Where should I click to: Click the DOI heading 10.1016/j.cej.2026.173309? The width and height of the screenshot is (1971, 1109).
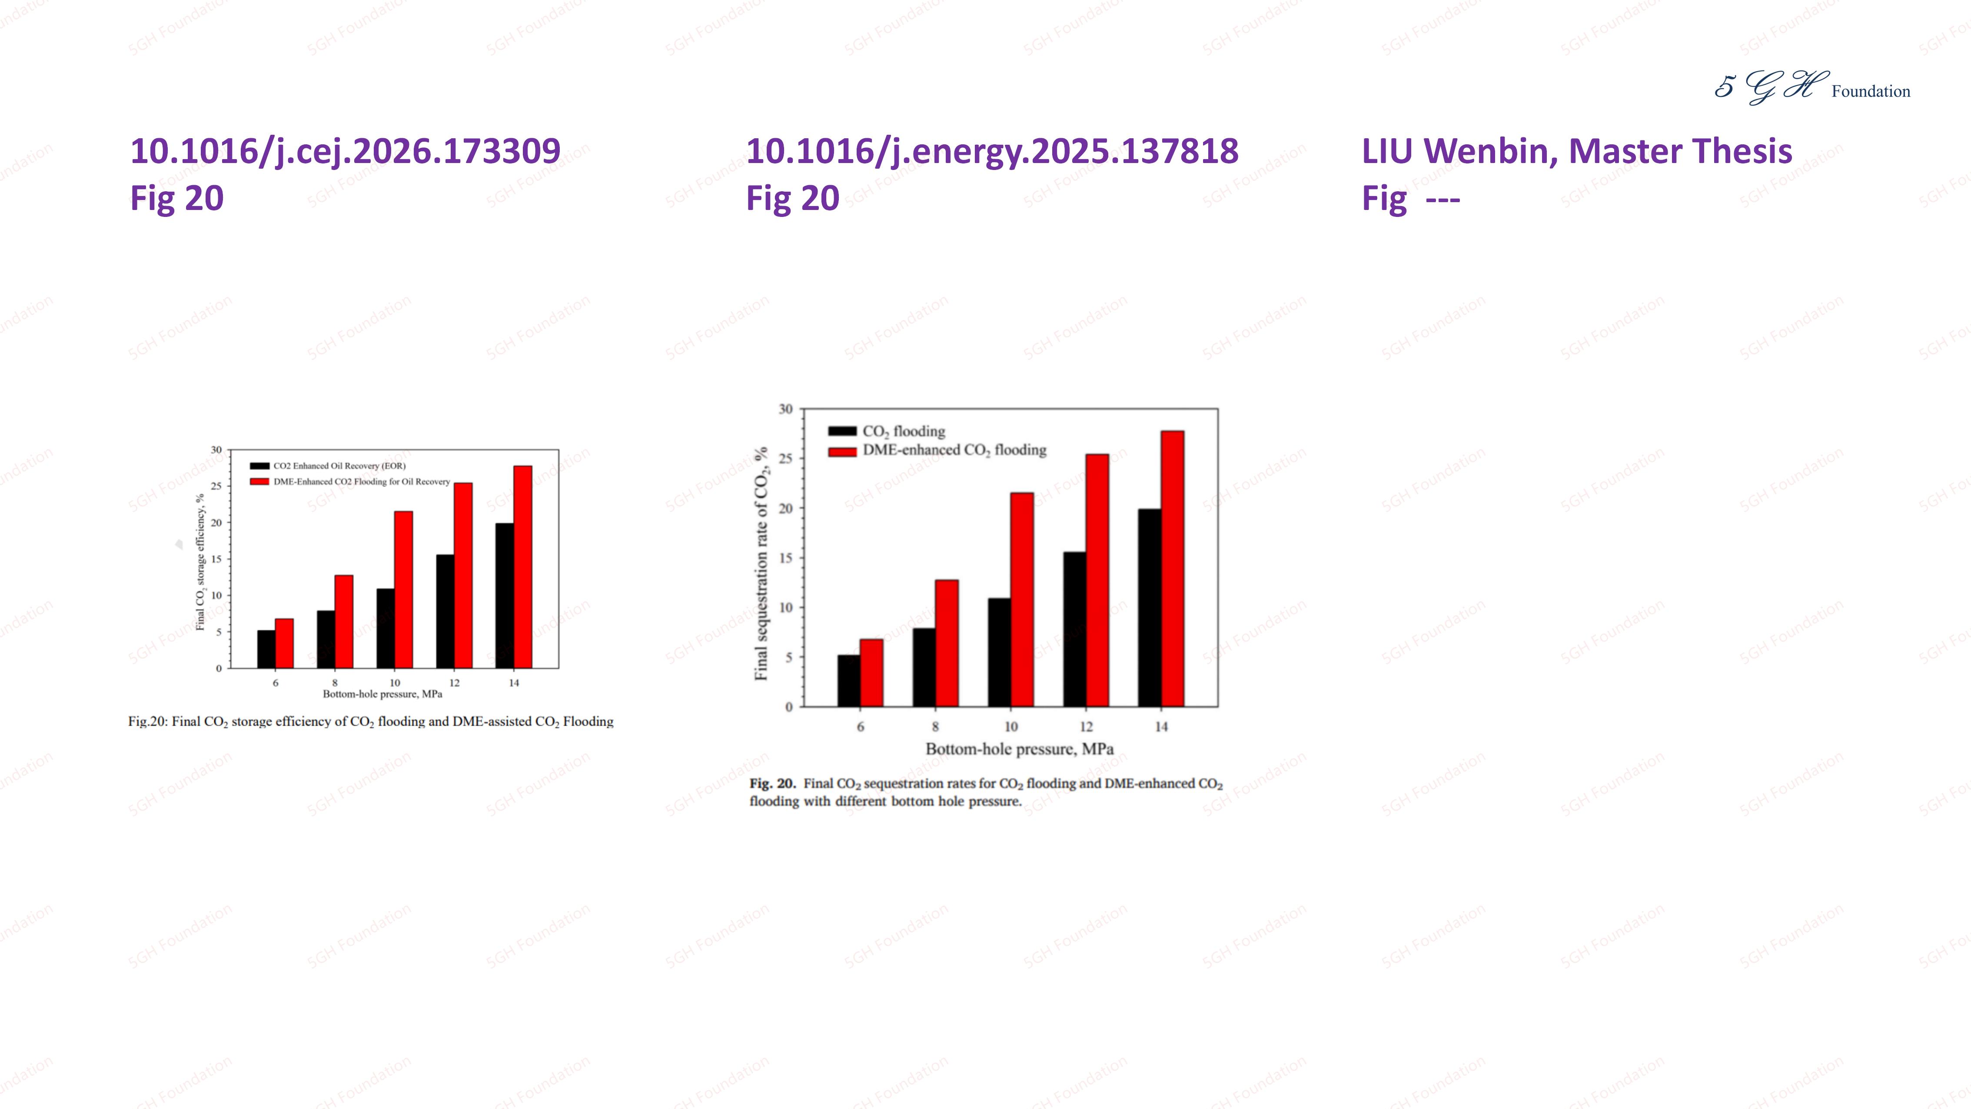345,151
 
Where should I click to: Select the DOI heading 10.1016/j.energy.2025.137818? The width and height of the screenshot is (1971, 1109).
992,151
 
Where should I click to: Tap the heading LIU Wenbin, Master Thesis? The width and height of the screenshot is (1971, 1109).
1576,151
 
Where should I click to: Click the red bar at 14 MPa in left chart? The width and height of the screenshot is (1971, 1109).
522,566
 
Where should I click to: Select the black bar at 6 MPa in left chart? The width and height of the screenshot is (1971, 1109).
266,649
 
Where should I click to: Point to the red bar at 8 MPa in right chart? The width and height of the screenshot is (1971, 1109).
947,643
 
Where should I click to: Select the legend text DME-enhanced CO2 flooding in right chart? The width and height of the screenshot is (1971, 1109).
954,450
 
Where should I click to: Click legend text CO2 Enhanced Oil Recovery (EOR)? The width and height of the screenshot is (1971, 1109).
339,465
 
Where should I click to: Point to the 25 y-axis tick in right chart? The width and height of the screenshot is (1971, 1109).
785,459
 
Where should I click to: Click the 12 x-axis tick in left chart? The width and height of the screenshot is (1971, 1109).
455,683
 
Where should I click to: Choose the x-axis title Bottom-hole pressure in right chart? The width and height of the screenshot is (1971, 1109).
1019,749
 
